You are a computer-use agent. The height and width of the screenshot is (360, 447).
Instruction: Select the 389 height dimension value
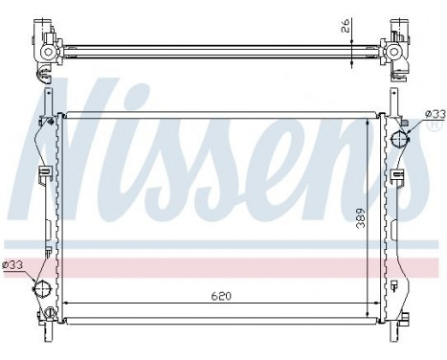(x=359, y=222)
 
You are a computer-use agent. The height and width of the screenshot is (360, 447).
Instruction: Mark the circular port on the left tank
(x=41, y=288)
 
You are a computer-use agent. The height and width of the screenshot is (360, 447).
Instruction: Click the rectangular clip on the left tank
(x=44, y=174)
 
